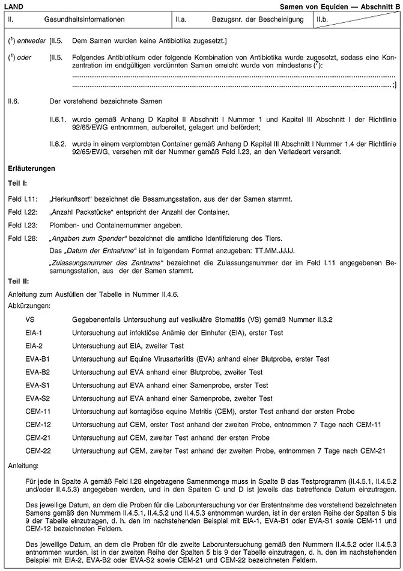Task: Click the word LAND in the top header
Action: (x=14, y=5)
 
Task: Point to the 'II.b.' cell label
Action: (x=323, y=19)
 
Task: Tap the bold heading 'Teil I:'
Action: (x=17, y=182)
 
